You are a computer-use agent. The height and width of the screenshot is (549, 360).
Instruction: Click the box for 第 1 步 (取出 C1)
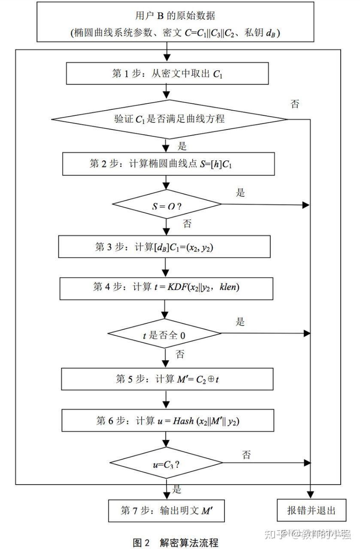tap(167, 73)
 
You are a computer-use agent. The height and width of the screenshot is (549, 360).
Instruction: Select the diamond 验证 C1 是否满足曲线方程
tap(169, 119)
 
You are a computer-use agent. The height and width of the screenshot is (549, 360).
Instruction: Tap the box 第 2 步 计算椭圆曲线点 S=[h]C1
tap(168, 164)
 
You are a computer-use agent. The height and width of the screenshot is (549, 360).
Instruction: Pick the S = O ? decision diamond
tap(166, 205)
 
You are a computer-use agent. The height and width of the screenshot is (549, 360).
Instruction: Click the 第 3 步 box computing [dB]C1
tap(164, 247)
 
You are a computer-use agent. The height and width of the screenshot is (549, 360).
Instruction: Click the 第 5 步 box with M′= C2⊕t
tap(167, 379)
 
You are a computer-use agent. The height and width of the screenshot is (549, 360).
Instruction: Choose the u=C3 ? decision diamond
tap(166, 463)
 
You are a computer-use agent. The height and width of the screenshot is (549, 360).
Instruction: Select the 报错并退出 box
tap(311, 510)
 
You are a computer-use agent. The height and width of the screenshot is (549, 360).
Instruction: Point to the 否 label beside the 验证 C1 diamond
tap(295, 104)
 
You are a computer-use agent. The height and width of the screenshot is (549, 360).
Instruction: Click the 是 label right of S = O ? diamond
tap(240, 193)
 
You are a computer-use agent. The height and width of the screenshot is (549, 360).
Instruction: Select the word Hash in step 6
tap(183, 421)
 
